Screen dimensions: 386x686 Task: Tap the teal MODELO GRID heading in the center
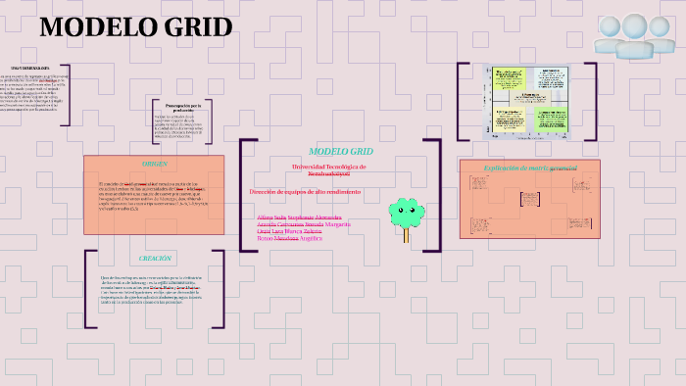(340, 151)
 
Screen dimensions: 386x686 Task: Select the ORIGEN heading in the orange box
(154, 164)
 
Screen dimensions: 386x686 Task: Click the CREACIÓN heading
(154, 258)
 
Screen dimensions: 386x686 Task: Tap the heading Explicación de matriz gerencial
(530, 168)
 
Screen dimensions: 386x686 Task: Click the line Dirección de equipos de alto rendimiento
(305, 192)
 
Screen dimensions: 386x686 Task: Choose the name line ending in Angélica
(289, 238)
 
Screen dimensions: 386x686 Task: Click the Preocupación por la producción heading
(183, 108)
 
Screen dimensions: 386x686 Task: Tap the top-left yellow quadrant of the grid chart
(510, 77)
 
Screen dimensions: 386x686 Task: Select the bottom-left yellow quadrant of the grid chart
(510, 120)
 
